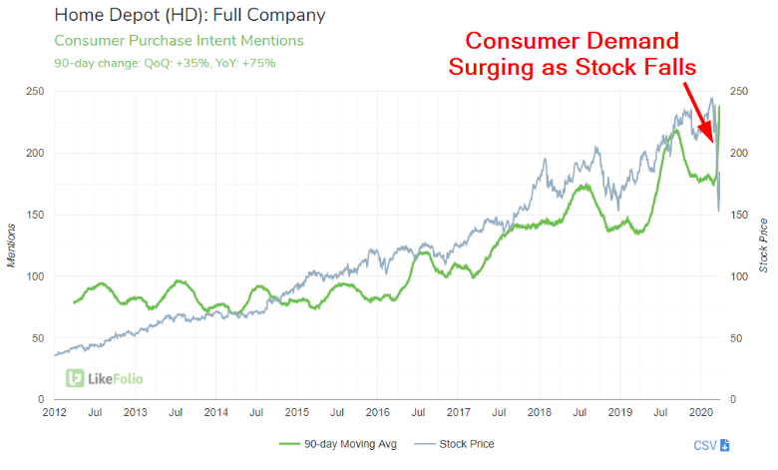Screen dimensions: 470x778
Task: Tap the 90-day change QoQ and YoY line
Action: click(165, 63)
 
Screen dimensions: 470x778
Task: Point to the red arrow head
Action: click(713, 141)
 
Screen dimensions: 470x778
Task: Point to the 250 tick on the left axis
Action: click(37, 92)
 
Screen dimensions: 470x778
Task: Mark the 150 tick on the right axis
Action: click(740, 215)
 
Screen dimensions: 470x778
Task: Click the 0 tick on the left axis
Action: click(43, 399)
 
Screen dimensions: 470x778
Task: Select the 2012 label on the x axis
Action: click(54, 411)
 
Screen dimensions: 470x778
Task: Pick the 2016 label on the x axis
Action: click(377, 411)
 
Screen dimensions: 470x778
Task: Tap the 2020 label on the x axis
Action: click(700, 411)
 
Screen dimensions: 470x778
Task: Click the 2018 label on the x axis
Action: click(539, 411)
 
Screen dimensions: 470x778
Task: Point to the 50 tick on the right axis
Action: click(737, 338)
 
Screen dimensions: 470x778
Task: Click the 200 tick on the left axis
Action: click(37, 154)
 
